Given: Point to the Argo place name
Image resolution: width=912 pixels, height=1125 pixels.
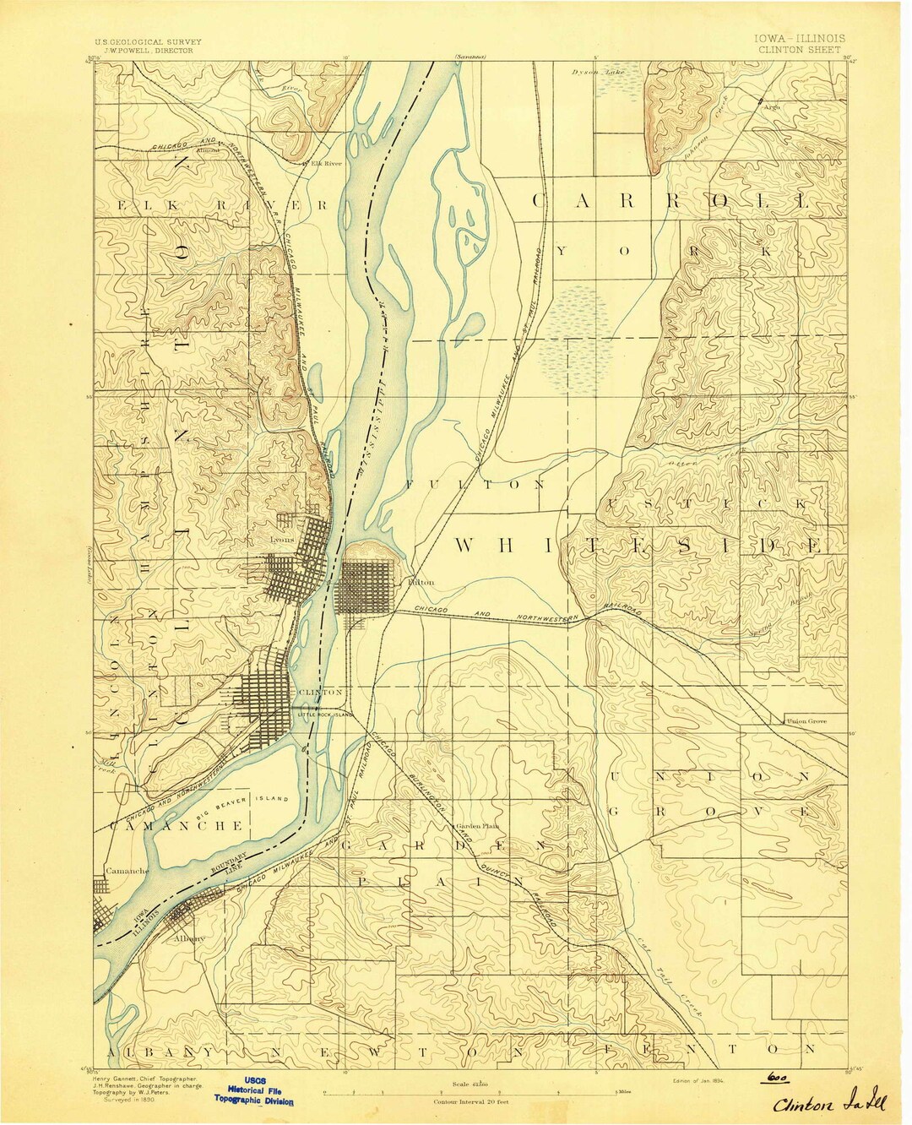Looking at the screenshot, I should tap(771, 108).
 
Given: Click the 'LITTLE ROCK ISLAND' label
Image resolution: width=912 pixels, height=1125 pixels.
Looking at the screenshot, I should tap(324, 715).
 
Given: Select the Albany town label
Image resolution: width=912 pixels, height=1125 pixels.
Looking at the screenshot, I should tap(187, 937).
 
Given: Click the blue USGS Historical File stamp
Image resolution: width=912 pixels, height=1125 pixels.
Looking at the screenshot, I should tap(254, 1090).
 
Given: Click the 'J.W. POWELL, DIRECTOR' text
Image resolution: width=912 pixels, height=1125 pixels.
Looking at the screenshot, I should tap(144, 51).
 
